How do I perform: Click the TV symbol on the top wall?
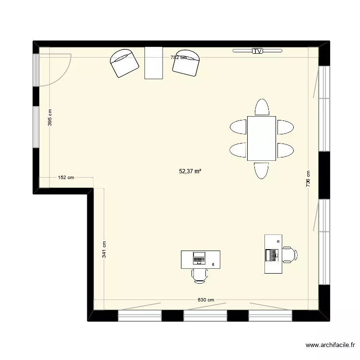(258, 50)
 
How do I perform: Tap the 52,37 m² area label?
(190, 170)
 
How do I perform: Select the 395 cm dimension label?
(50, 118)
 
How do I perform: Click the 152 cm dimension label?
(66, 178)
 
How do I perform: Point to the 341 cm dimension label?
(104, 250)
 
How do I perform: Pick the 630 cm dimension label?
(205, 300)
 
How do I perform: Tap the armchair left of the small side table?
(125, 63)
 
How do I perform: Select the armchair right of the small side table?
(186, 63)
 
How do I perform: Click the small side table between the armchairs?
(154, 62)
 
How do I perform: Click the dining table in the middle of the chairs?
(262, 138)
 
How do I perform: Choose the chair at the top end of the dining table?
(262, 107)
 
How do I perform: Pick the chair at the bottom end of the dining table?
(262, 170)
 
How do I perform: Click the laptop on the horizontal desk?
(199, 258)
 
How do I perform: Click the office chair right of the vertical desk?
(289, 254)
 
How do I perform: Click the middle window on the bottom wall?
(205, 315)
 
